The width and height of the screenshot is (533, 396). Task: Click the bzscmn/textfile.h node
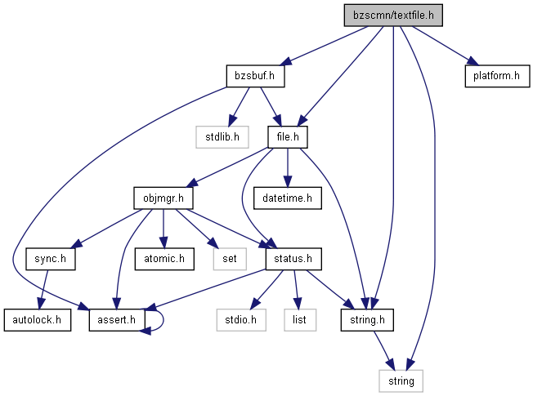pos(393,16)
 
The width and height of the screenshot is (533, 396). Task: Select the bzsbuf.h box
pos(255,76)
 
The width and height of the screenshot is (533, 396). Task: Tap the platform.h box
pos(497,76)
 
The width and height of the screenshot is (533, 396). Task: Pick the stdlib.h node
pos(222,137)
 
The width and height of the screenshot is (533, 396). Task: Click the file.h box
pos(288,137)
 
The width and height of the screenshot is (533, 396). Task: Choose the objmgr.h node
pos(163,198)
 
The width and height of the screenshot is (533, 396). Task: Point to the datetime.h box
pos(287,198)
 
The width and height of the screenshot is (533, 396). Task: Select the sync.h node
pos(51,259)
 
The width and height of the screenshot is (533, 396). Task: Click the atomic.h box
pos(164,259)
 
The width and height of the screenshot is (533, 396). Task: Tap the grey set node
pos(230,259)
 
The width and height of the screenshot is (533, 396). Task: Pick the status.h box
pos(293,259)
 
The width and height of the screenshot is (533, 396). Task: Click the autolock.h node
pos(38,320)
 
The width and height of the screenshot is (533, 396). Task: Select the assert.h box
pos(117,320)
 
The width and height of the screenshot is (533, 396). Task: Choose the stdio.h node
pos(241,320)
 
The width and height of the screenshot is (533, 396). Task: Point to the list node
pos(300,320)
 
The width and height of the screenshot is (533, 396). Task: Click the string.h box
pos(367,320)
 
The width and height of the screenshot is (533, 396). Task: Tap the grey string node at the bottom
pos(401,381)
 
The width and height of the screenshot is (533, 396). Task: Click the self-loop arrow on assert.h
pos(163,320)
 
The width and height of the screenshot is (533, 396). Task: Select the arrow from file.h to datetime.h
pos(288,167)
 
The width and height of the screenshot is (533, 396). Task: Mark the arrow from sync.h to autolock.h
pos(43,290)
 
